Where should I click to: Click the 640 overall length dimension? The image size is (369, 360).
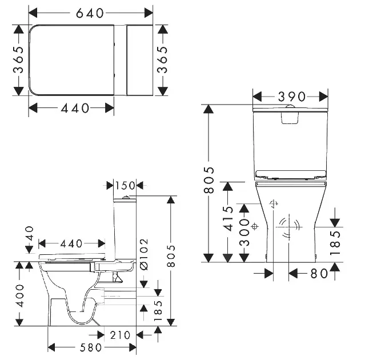point(90,13)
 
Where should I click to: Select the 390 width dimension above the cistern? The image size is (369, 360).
point(292,97)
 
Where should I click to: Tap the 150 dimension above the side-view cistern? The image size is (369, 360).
point(125,186)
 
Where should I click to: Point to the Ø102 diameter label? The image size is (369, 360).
point(144,254)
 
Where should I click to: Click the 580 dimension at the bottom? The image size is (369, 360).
point(91,347)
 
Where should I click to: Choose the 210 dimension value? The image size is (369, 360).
point(120,335)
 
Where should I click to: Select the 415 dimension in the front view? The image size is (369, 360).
point(228,219)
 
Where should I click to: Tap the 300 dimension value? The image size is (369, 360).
point(244,233)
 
